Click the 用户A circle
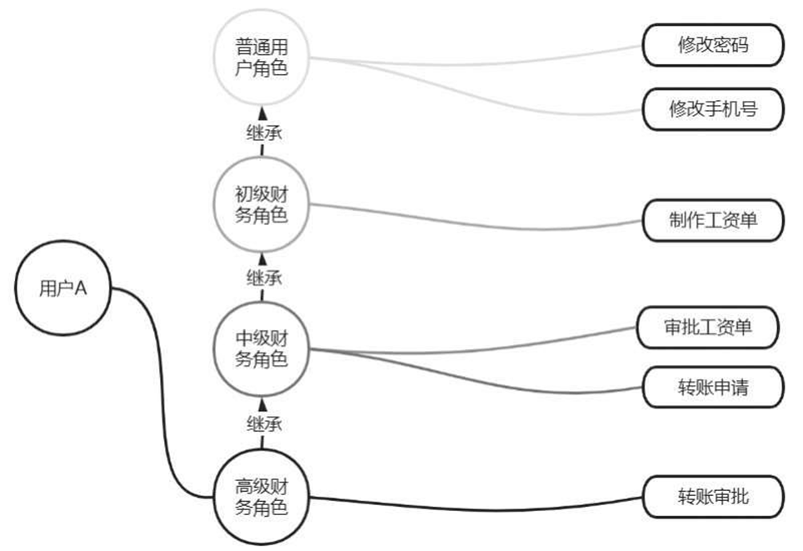[63, 288]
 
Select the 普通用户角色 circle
[262, 57]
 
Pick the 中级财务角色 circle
[262, 349]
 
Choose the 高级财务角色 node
[262, 497]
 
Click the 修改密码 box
[712, 45]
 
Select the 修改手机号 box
[712, 109]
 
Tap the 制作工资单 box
[712, 221]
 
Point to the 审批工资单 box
[709, 328]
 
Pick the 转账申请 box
[712, 388]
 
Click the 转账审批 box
[712, 497]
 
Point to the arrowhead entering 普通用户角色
[262, 113]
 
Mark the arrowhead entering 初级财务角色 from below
[262, 258]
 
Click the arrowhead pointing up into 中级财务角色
[262, 404]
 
